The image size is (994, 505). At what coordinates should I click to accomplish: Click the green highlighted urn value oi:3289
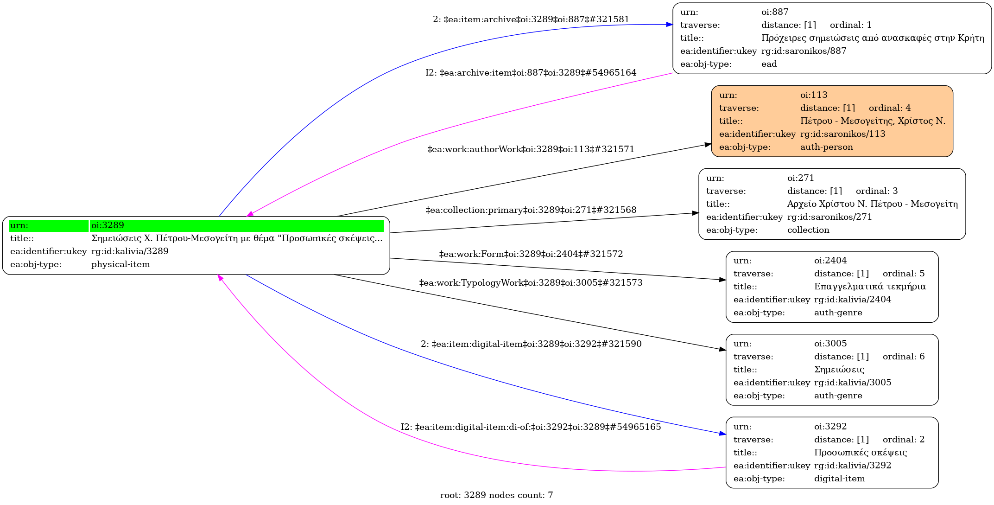(108, 225)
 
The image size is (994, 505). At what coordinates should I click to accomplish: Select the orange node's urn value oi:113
(813, 95)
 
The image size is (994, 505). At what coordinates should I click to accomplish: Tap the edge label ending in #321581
(531, 19)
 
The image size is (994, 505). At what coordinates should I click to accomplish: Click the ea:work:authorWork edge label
(531, 149)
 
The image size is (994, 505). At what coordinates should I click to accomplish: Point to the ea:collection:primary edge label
(531, 210)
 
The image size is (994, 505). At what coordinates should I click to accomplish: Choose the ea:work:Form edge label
(531, 254)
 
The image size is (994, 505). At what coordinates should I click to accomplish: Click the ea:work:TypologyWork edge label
(531, 283)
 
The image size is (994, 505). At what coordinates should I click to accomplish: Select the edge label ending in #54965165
(531, 427)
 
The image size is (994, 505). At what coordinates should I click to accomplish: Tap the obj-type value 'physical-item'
(120, 264)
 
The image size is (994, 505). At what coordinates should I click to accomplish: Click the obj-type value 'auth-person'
(826, 147)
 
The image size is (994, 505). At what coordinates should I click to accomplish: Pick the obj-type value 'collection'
(808, 230)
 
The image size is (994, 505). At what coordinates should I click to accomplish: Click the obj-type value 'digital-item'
(839, 479)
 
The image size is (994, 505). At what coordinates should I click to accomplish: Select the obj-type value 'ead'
(769, 64)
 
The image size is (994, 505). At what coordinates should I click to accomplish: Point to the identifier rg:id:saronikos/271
(829, 217)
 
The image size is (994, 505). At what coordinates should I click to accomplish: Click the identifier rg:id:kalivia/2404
(852, 300)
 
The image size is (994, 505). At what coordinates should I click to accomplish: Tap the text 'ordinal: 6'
(903, 357)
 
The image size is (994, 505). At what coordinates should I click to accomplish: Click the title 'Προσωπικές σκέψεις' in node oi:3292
(860, 453)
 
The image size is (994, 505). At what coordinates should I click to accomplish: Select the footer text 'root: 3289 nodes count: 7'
(496, 495)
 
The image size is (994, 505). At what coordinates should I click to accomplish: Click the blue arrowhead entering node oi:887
(669, 25)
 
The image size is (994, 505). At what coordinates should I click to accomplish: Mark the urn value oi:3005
(830, 344)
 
